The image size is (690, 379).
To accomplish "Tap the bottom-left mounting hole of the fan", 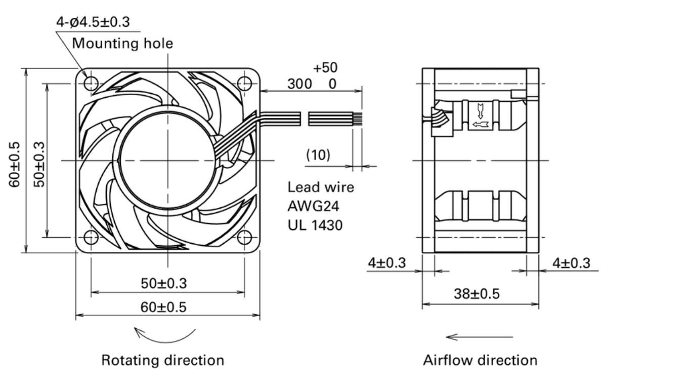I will pos(91,237).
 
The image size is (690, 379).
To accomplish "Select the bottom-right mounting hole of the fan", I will pos(244,237).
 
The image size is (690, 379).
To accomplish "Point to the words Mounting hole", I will pos(122,44).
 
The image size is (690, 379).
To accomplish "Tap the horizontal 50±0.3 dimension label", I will pos(163,283).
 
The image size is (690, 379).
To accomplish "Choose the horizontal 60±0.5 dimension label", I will pos(163,307).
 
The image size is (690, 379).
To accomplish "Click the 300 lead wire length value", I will pos(300,84).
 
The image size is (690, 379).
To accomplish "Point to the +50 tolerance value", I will pos(325,67).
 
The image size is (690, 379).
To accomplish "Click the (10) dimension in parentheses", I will pos(318,155).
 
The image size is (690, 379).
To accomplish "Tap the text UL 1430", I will pos(315,224).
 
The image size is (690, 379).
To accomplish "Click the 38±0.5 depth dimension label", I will pos(476,293).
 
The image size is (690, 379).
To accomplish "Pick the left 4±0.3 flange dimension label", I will pos(386,263).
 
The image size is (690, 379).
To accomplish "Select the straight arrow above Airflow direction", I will pos(480,337).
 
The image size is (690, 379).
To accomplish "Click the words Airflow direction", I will pos(480,360).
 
